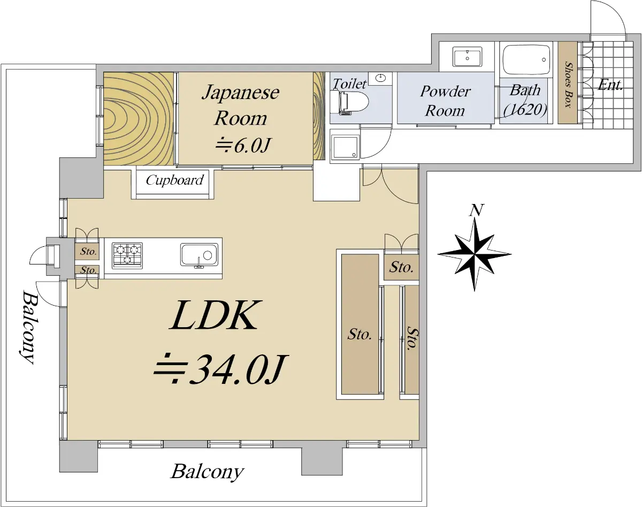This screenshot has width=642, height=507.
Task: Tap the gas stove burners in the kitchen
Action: coord(127,255)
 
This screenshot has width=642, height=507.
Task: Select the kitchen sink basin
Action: coord(199,255)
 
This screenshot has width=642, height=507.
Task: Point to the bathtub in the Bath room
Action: coord(526,59)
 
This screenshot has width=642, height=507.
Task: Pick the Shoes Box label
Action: coord(568,85)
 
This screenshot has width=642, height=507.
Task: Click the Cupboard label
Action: coord(174,180)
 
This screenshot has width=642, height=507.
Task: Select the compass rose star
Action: coord(475,254)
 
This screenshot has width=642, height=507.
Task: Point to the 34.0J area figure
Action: coord(220,369)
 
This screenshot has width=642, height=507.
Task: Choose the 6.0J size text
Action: coord(242,146)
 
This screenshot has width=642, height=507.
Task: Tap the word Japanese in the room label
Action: coord(240,92)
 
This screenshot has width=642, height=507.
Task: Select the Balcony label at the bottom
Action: coord(207,472)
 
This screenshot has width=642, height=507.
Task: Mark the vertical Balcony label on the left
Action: coord(29,327)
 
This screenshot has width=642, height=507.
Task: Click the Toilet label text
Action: coord(349,84)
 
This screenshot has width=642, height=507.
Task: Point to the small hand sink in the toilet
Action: coord(380,78)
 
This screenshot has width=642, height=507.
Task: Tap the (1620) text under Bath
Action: coord(525,110)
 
